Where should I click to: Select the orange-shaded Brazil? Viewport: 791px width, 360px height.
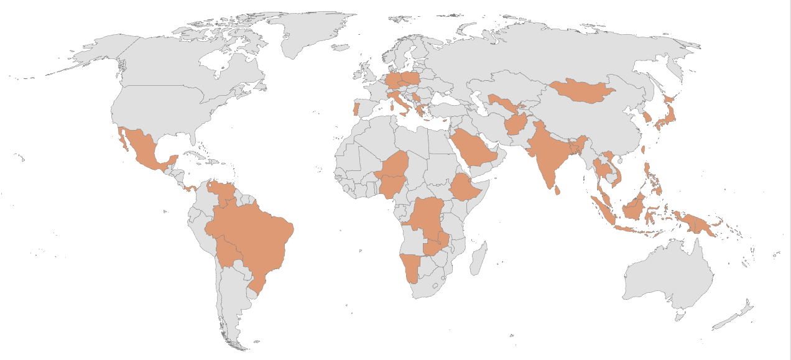click(x=255, y=236)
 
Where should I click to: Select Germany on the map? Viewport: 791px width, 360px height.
click(x=393, y=81)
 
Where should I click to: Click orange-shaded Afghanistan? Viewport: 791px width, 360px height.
click(x=516, y=124)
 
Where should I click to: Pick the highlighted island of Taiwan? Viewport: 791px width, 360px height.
click(x=644, y=150)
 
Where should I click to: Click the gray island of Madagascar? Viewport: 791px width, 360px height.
click(x=479, y=258)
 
